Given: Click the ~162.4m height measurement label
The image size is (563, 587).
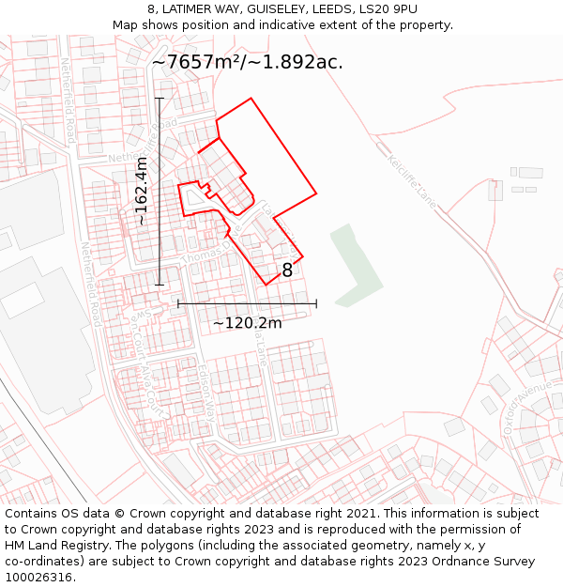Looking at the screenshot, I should tap(142, 192).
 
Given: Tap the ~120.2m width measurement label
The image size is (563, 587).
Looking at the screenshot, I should tap(247, 323).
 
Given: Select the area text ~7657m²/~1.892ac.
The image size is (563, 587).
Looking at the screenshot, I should tap(248, 62).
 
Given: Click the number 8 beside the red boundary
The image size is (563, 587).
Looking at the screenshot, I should tap(287, 270).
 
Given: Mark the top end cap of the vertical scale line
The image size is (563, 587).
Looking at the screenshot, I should tap(160, 99).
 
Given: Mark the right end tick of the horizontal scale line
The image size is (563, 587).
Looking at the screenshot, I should tap(316, 303).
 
